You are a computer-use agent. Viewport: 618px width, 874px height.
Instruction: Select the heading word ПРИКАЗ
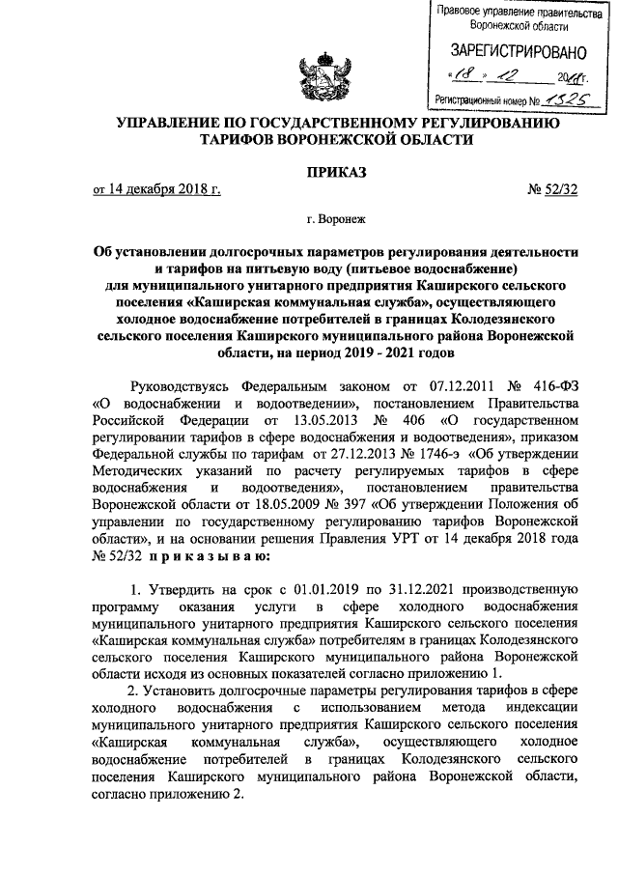308,172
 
